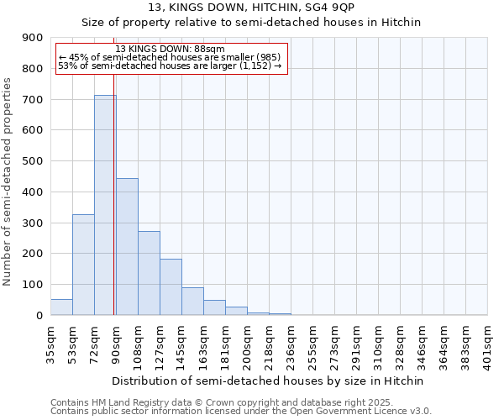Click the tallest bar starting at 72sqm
coord(105,205)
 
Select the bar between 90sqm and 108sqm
coord(127,247)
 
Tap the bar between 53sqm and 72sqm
coord(83,265)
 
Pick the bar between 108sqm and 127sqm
coord(149,273)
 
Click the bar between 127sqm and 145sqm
coord(171,287)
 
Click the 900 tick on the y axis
coord(33,38)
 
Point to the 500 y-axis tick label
coord(33,161)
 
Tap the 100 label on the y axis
coord(33,285)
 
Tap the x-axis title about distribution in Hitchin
coord(269,381)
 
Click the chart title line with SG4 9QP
coord(251,8)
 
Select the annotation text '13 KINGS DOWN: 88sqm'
coord(159,50)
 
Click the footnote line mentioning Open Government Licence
coord(241,412)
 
